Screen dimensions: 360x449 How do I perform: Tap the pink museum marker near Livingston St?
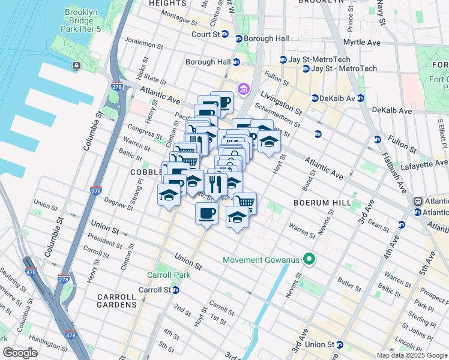tap(243, 90)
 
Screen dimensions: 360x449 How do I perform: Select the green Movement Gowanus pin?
tap(309, 260)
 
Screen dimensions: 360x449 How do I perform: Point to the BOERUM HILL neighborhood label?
tap(321, 203)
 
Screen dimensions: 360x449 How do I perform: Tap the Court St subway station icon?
tap(226, 34)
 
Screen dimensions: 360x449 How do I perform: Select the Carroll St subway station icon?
tap(176, 290)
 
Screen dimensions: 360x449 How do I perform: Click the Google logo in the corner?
tap(20, 353)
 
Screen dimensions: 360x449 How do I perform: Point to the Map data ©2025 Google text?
tap(411, 355)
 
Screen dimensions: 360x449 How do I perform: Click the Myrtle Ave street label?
tap(361, 43)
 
